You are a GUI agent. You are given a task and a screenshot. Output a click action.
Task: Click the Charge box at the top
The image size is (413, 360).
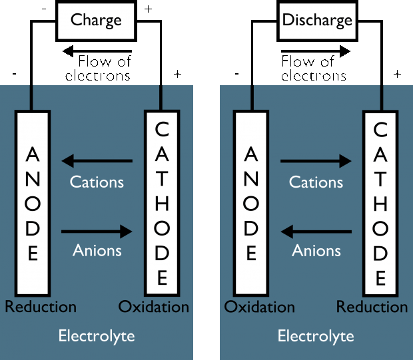coord(96,20)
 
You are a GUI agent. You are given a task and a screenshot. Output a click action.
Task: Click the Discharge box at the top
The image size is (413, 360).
coord(316,20)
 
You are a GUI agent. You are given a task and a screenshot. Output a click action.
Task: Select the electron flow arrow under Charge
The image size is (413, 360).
coord(96,51)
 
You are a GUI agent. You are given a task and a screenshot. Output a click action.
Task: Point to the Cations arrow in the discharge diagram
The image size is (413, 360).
coord(316,161)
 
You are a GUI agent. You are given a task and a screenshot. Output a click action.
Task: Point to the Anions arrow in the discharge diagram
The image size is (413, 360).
coord(316,232)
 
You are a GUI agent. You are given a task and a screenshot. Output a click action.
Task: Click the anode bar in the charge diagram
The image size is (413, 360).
coord(32,203)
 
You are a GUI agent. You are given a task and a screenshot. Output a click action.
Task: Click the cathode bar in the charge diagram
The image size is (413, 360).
coord(162,203)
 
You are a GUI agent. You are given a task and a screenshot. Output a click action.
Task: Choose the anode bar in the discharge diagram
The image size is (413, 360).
coord(251,203)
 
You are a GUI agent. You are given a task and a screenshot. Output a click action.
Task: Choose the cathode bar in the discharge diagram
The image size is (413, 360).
coord(380,203)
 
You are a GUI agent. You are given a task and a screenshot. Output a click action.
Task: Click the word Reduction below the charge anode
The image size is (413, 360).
coord(41,307)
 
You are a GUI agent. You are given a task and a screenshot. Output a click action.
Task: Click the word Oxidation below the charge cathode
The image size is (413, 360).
coord(154,307)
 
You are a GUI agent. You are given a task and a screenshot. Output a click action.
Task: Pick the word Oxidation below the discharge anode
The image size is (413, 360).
coord(260,307)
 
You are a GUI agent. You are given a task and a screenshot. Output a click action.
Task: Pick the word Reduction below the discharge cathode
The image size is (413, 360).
coord(372,307)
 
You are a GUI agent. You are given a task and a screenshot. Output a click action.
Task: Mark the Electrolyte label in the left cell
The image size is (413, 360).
coord(97,335)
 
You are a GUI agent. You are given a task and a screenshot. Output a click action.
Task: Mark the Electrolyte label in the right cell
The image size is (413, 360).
coord(316,335)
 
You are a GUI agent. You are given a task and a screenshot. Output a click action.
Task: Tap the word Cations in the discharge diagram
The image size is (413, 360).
coord(316,182)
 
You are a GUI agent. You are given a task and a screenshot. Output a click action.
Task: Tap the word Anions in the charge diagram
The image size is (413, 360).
coord(97,251)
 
